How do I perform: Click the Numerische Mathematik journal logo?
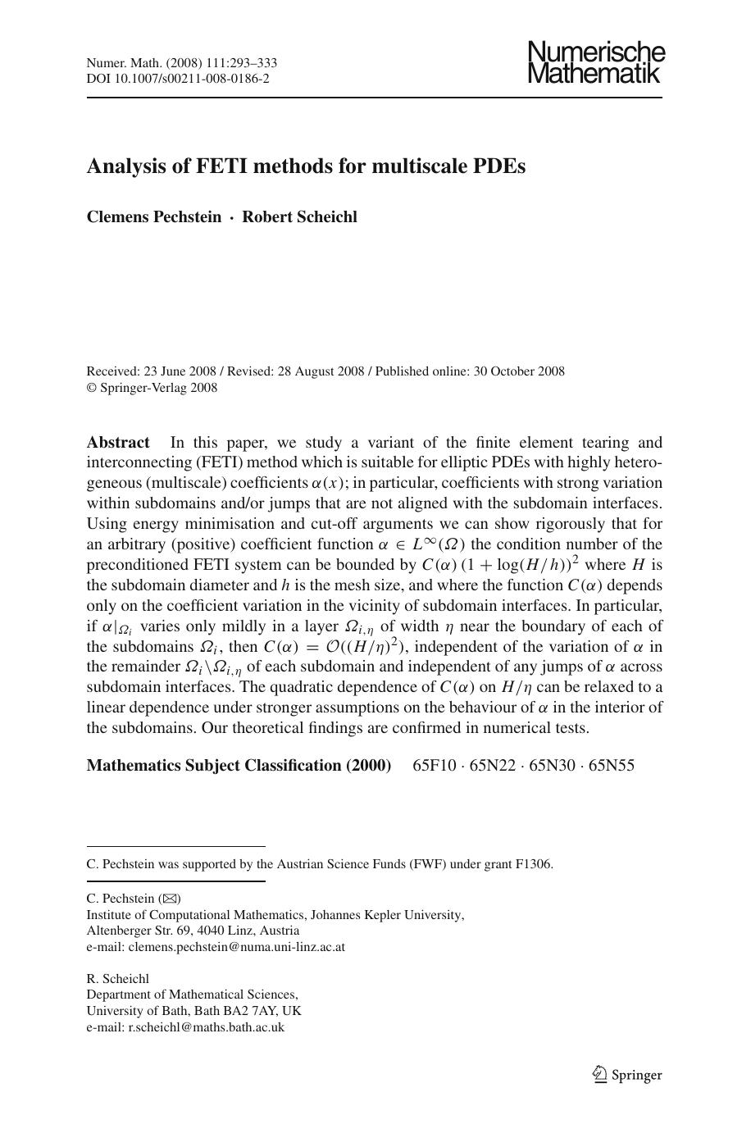tap(596, 62)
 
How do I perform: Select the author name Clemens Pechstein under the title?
tap(154, 217)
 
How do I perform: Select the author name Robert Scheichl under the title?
tap(299, 217)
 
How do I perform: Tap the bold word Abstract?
tap(118, 443)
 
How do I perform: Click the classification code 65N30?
tap(553, 766)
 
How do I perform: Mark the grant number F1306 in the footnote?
tap(533, 864)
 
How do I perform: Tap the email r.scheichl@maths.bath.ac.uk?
tap(206, 1027)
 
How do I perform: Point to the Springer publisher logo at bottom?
tap(627, 1075)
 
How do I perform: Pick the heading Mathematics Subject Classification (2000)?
tap(239, 766)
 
